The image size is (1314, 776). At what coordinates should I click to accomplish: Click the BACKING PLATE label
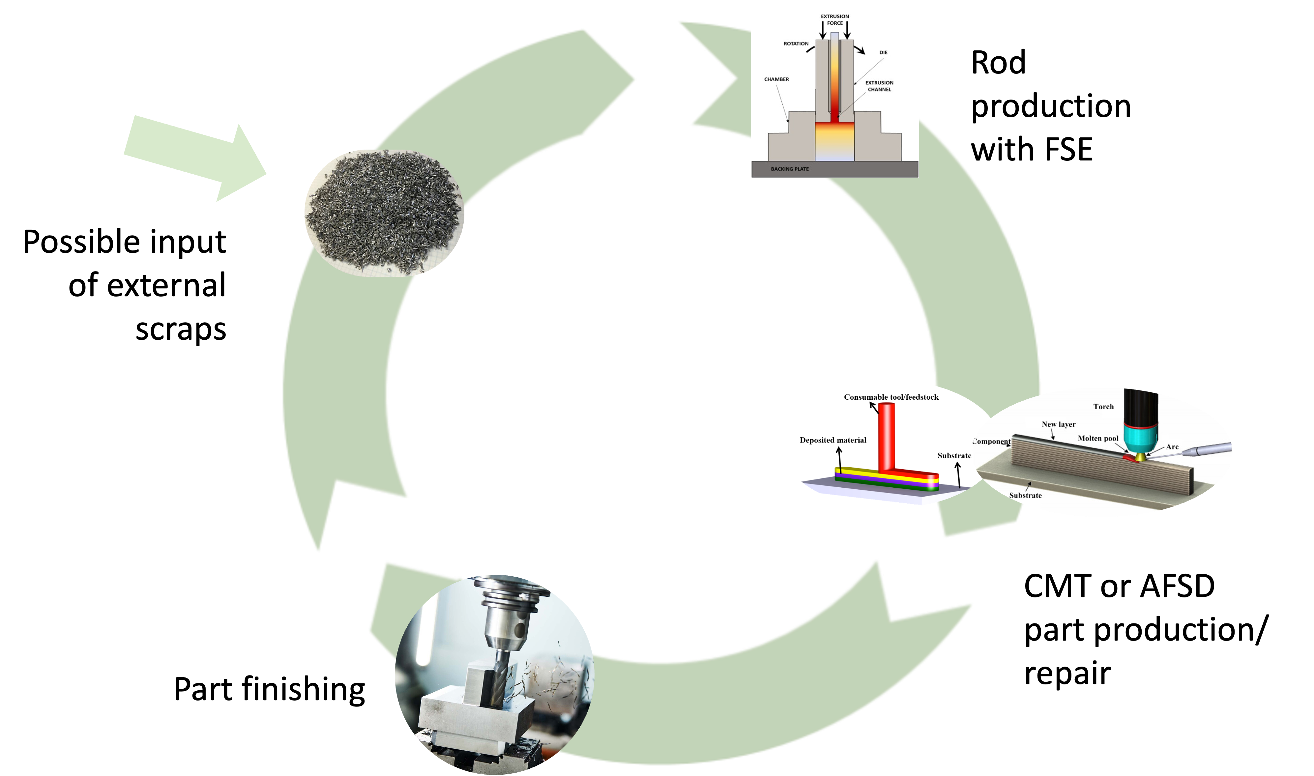tap(790, 169)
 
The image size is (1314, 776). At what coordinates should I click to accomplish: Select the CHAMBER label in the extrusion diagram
tap(776, 79)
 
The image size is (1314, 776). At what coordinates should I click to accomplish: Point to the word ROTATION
tap(796, 44)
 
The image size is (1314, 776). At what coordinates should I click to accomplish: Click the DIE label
tap(883, 53)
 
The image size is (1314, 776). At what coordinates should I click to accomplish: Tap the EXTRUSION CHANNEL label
tap(880, 86)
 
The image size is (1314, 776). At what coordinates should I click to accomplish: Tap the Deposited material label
tap(833, 440)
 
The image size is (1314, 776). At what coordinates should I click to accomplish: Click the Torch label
tap(1103, 407)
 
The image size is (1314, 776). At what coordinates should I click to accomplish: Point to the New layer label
tap(1058, 425)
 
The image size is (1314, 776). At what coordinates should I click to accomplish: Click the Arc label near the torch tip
tap(1172, 447)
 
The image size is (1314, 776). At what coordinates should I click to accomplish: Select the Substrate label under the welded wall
tap(1025, 496)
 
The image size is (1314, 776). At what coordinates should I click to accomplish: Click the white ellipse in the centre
tap(648, 392)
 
